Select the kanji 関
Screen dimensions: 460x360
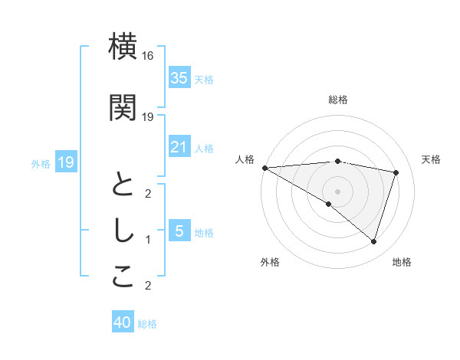pos(123,107)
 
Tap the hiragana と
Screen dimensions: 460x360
pos(123,185)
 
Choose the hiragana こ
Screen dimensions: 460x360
pos(123,277)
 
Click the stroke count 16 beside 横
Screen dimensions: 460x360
pos(148,56)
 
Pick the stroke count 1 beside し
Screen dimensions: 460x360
pos(148,240)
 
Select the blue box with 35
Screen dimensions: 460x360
pos(179,77)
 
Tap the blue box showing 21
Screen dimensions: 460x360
pos(179,147)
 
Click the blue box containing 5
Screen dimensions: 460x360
pos(179,231)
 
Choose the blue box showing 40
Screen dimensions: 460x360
pos(123,323)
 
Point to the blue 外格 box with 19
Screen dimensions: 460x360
pos(65,162)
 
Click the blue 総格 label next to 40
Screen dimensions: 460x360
pos(147,324)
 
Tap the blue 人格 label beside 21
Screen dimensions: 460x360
pos(204,148)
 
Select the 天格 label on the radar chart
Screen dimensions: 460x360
pos(432,159)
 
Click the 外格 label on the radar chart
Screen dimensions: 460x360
pos(270,262)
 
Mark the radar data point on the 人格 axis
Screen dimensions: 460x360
pos(264,167)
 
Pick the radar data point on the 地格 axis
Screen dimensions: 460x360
pos(373,241)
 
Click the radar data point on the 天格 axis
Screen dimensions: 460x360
pos(396,172)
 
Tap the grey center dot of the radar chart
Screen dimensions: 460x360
pos(337,191)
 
